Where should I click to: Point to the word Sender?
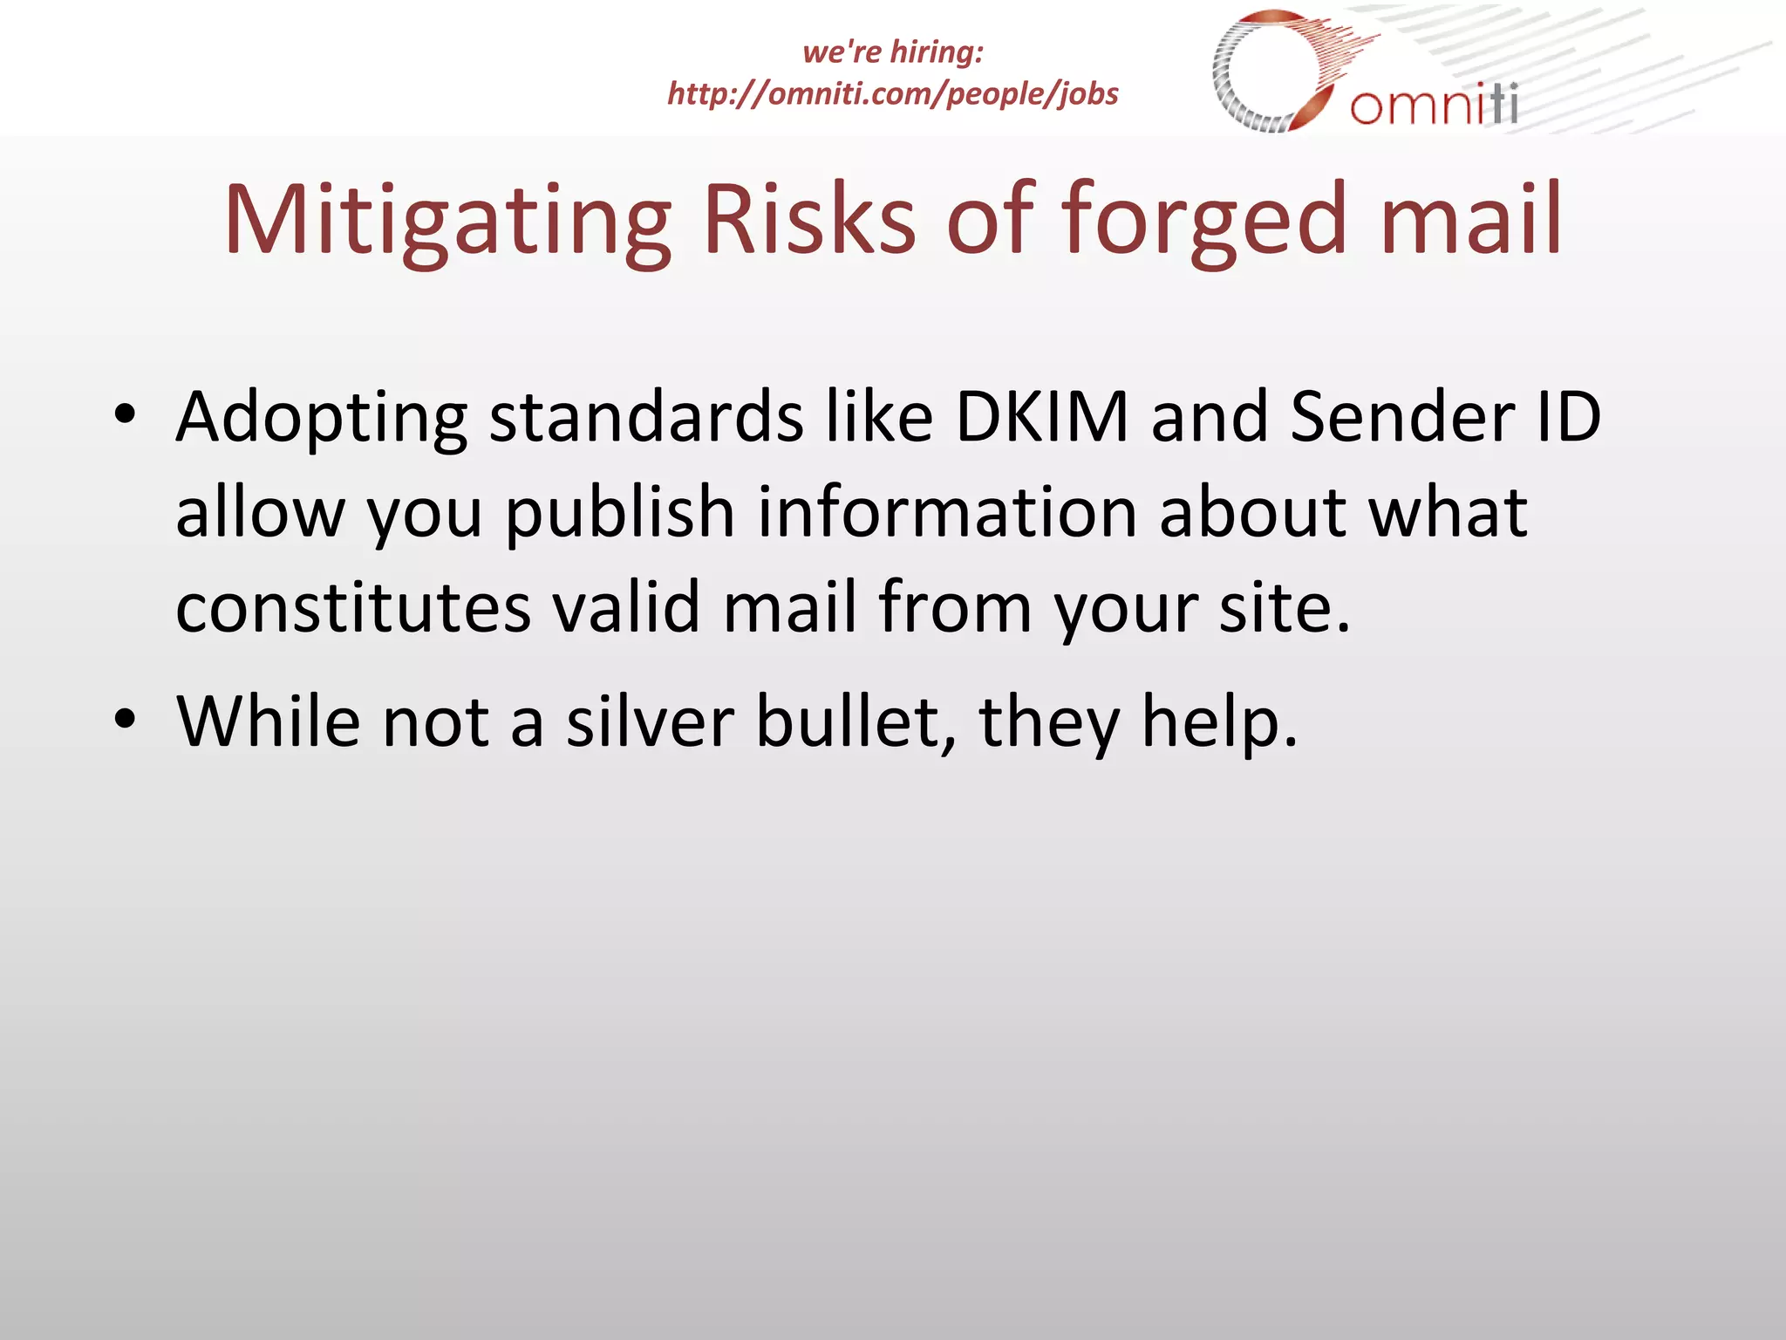click(1402, 417)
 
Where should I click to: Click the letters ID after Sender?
click(1569, 417)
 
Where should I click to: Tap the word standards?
click(646, 417)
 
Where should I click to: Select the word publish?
click(620, 513)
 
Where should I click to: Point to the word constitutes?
click(352, 607)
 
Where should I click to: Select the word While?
click(269, 721)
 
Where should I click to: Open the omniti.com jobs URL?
click(892, 93)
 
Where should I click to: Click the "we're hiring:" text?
click(892, 51)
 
